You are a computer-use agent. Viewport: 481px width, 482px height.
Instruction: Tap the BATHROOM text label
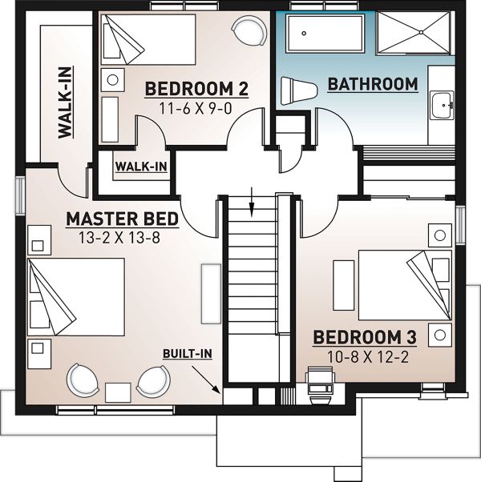click(373, 84)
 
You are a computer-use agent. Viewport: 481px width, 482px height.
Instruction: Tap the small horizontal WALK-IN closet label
click(140, 167)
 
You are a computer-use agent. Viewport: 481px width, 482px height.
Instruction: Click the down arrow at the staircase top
click(252, 203)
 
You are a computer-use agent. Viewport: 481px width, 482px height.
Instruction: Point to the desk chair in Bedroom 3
click(320, 385)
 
